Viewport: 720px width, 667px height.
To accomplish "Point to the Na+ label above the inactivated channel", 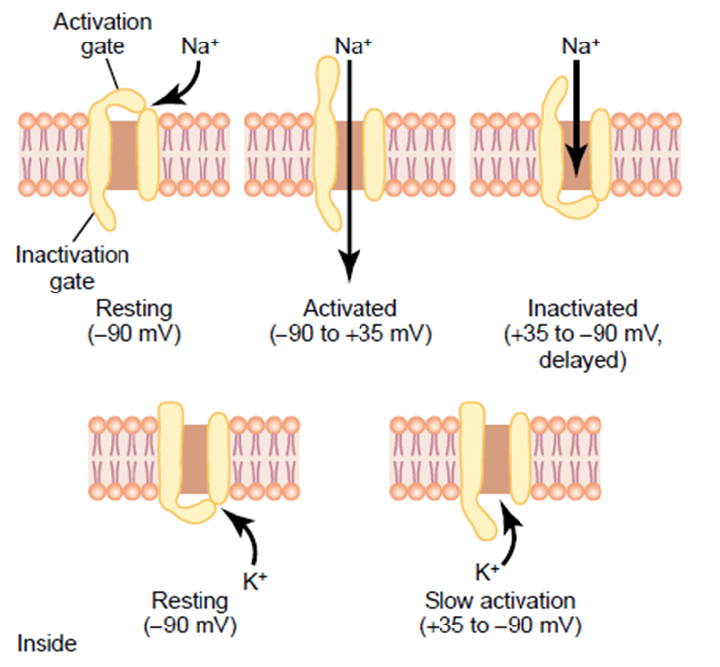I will (x=582, y=45).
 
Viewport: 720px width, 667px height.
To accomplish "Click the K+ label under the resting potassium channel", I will (x=255, y=582).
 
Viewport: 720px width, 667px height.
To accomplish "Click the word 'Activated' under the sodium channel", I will (x=351, y=308).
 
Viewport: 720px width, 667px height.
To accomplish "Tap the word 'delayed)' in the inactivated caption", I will (x=583, y=360).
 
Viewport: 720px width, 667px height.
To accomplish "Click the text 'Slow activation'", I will (x=500, y=600).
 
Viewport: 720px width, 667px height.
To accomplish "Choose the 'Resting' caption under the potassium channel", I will (x=190, y=600).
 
